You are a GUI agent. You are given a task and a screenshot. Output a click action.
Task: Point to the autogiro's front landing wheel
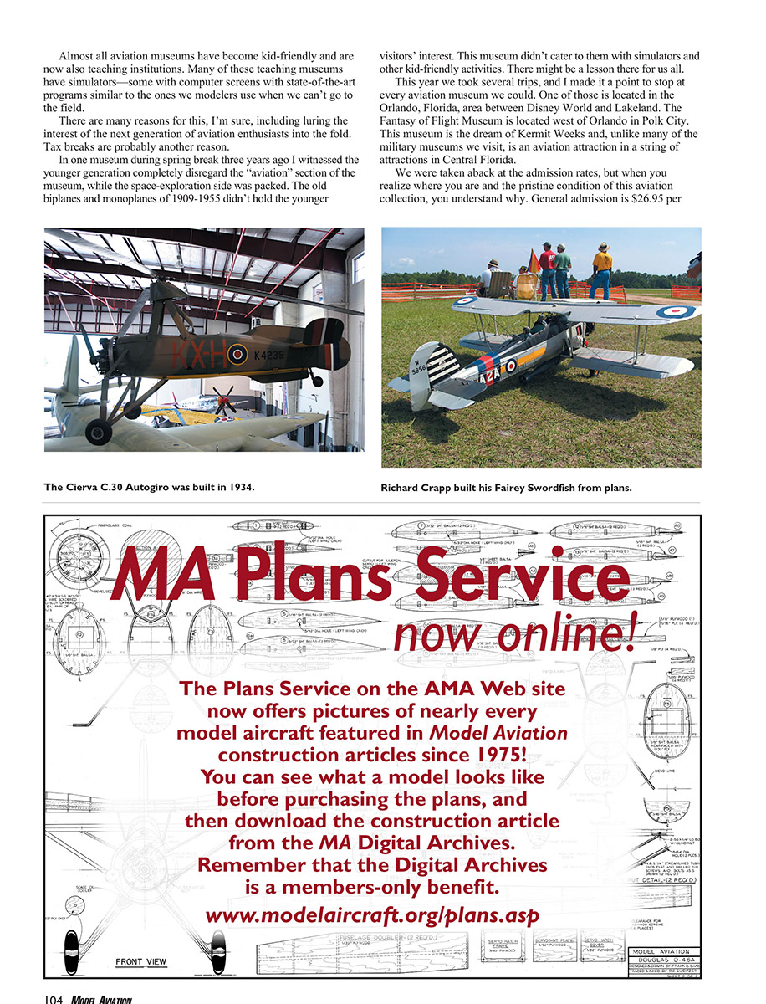(98, 433)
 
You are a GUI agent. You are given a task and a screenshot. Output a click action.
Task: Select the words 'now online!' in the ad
(515, 636)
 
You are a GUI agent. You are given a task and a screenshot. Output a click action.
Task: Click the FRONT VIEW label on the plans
(142, 961)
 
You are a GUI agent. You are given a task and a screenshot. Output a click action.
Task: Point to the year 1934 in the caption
(238, 486)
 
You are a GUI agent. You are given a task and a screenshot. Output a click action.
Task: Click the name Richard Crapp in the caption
(422, 486)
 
